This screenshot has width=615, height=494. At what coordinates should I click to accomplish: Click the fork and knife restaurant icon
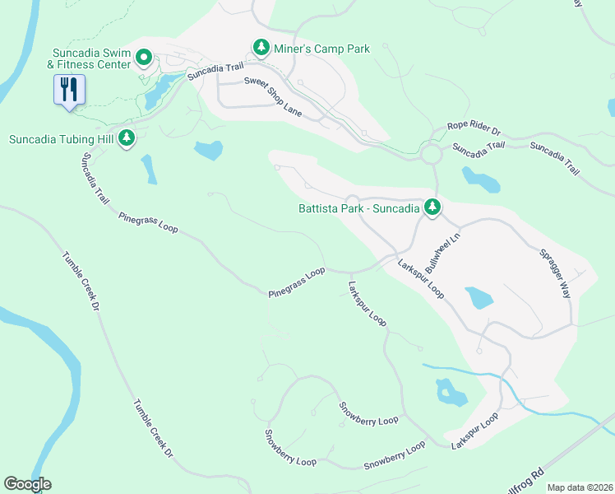[x=68, y=89]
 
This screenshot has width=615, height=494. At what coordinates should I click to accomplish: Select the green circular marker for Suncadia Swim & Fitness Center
[x=143, y=58]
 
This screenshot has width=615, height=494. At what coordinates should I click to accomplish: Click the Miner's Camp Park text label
[x=323, y=49]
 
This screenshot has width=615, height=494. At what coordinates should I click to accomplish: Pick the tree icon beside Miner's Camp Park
[x=261, y=49]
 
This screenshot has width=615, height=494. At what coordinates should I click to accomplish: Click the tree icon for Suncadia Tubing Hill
[x=126, y=138]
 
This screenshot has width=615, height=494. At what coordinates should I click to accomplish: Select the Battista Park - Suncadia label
[x=358, y=208]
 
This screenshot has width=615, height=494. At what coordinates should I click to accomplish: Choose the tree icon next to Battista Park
[x=432, y=208]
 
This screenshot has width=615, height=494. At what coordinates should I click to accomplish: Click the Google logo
[x=27, y=484]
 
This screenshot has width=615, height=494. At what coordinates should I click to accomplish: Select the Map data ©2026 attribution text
[x=579, y=487]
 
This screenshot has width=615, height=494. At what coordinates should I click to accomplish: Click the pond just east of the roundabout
[x=480, y=179]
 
